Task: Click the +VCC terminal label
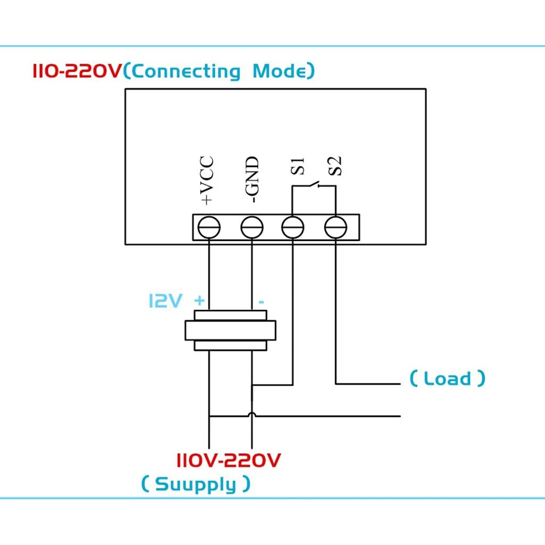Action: (x=207, y=180)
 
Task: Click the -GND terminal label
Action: (x=252, y=180)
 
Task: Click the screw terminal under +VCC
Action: (x=208, y=228)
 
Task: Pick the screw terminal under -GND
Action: (x=251, y=228)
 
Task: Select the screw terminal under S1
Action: (x=293, y=228)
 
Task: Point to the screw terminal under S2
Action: (x=336, y=228)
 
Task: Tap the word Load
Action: (x=447, y=379)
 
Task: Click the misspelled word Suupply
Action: (x=196, y=485)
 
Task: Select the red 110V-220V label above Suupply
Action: (x=228, y=460)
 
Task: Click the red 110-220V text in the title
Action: (x=77, y=72)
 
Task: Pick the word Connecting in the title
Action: (x=186, y=72)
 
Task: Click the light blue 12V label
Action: (x=165, y=301)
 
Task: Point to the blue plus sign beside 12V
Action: (x=199, y=301)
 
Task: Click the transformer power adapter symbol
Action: (x=230, y=330)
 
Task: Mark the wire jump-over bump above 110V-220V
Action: (x=251, y=414)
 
